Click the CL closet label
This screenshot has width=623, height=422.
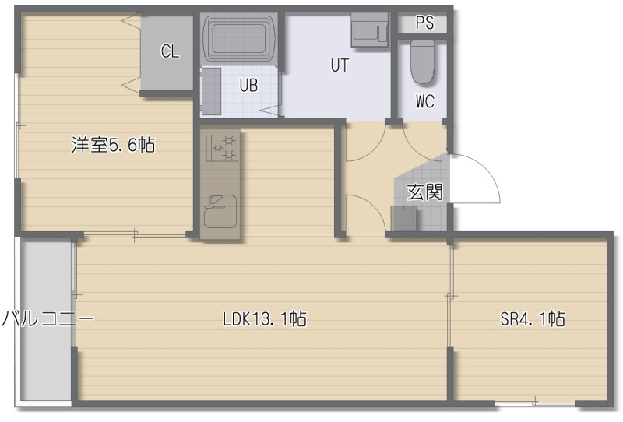[170, 51]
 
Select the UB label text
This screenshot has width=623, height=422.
[248, 85]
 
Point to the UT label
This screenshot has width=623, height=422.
[340, 65]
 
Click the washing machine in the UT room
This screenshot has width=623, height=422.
[369, 30]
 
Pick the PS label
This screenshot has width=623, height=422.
[424, 23]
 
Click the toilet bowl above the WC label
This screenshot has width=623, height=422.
[422, 62]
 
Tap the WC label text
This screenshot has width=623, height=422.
[425, 101]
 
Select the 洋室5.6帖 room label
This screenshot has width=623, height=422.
[113, 145]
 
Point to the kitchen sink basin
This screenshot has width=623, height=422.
[220, 212]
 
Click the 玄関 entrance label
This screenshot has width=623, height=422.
[424, 192]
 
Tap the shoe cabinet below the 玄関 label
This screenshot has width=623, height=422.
[403, 218]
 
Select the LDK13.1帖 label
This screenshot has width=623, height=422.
[265, 318]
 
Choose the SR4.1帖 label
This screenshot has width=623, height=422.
[533, 318]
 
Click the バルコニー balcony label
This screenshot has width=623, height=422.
[48, 318]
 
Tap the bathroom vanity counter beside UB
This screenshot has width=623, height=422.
[211, 91]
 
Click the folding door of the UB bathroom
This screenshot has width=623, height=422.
[271, 111]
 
